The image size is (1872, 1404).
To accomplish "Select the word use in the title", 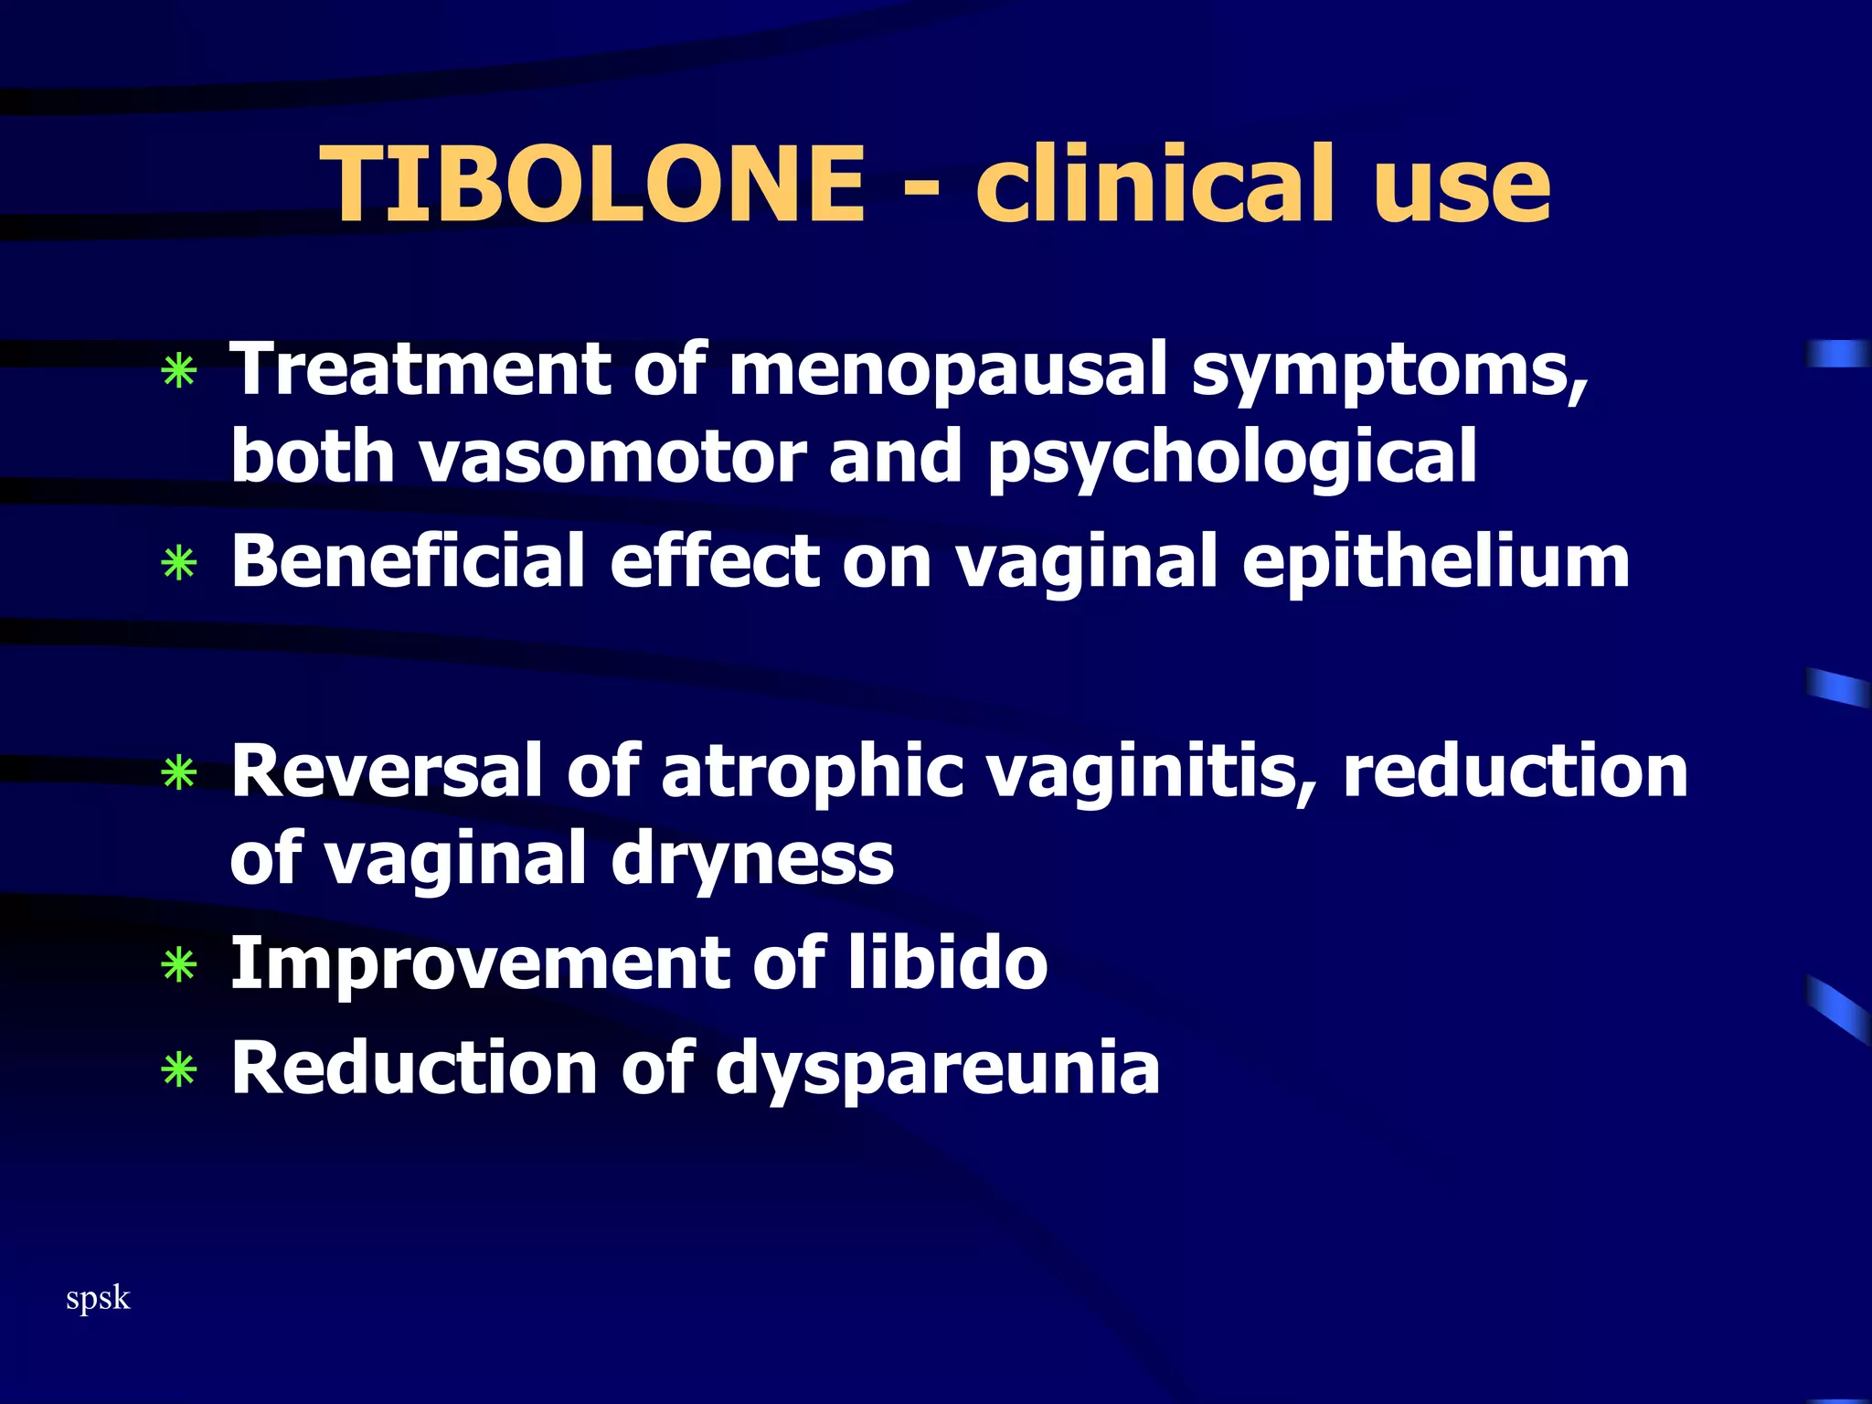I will point(1462,186).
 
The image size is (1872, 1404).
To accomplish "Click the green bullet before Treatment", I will point(178,372).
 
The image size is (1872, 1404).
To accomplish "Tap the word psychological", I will point(1232,457).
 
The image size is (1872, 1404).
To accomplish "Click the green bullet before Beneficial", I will point(178,564).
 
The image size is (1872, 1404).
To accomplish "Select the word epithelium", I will point(1435,563).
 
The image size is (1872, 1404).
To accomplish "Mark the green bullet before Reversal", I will point(178,773).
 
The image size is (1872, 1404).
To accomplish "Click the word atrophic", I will point(812,771).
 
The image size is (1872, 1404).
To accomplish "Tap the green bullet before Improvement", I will point(178,965).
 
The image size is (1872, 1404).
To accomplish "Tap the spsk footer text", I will point(98,1299).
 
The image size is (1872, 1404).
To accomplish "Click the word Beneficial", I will point(408,561).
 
